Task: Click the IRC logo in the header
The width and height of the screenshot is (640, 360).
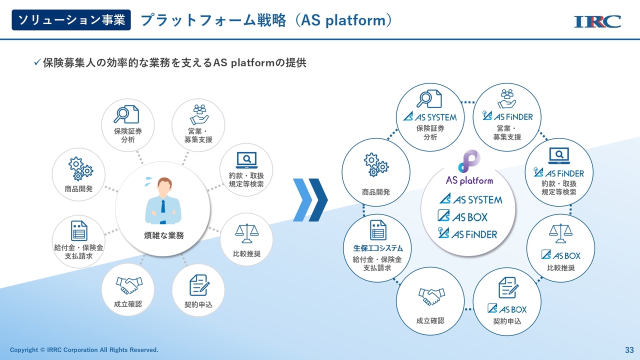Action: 597,21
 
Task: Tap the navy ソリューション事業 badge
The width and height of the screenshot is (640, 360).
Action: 71,20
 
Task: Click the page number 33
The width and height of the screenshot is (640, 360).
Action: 629,350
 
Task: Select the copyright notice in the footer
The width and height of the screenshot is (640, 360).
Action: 84,349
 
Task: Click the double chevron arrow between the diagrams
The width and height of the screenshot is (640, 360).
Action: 310,200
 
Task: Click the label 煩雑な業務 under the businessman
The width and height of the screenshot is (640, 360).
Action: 163,235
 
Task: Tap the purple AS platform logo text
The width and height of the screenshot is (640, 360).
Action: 469,180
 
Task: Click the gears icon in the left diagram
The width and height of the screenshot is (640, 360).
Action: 80,168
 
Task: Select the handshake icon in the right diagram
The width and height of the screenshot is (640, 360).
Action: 431,296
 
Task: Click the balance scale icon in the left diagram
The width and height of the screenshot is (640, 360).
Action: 247,233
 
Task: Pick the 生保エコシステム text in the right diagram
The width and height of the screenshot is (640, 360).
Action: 378,248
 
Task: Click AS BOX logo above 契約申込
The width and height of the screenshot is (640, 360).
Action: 507,309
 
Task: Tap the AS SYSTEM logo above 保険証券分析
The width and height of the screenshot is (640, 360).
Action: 430,117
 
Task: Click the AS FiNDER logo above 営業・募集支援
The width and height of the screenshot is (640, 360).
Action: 507,116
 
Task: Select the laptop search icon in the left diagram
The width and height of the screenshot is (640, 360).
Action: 247,160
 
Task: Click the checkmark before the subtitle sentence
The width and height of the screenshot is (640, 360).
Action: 37,62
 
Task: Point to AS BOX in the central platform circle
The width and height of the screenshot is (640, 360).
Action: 462,216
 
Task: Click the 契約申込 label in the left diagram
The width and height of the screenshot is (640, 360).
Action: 198,304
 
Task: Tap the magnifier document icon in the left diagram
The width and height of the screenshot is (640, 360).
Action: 126,114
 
